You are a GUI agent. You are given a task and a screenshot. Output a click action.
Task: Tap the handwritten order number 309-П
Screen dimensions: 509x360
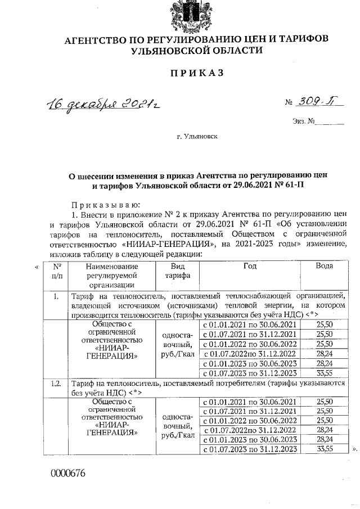[x=316, y=101]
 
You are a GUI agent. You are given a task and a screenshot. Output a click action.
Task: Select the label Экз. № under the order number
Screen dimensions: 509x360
[x=303, y=121]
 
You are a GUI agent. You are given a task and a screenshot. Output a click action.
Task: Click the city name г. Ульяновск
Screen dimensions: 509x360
[x=196, y=136]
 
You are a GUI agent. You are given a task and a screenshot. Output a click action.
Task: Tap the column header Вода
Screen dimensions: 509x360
[x=326, y=265]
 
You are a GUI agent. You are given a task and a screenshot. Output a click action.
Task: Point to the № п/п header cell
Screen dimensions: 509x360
[x=56, y=271]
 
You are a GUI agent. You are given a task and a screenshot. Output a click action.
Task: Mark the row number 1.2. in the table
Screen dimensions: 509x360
[x=55, y=383]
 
